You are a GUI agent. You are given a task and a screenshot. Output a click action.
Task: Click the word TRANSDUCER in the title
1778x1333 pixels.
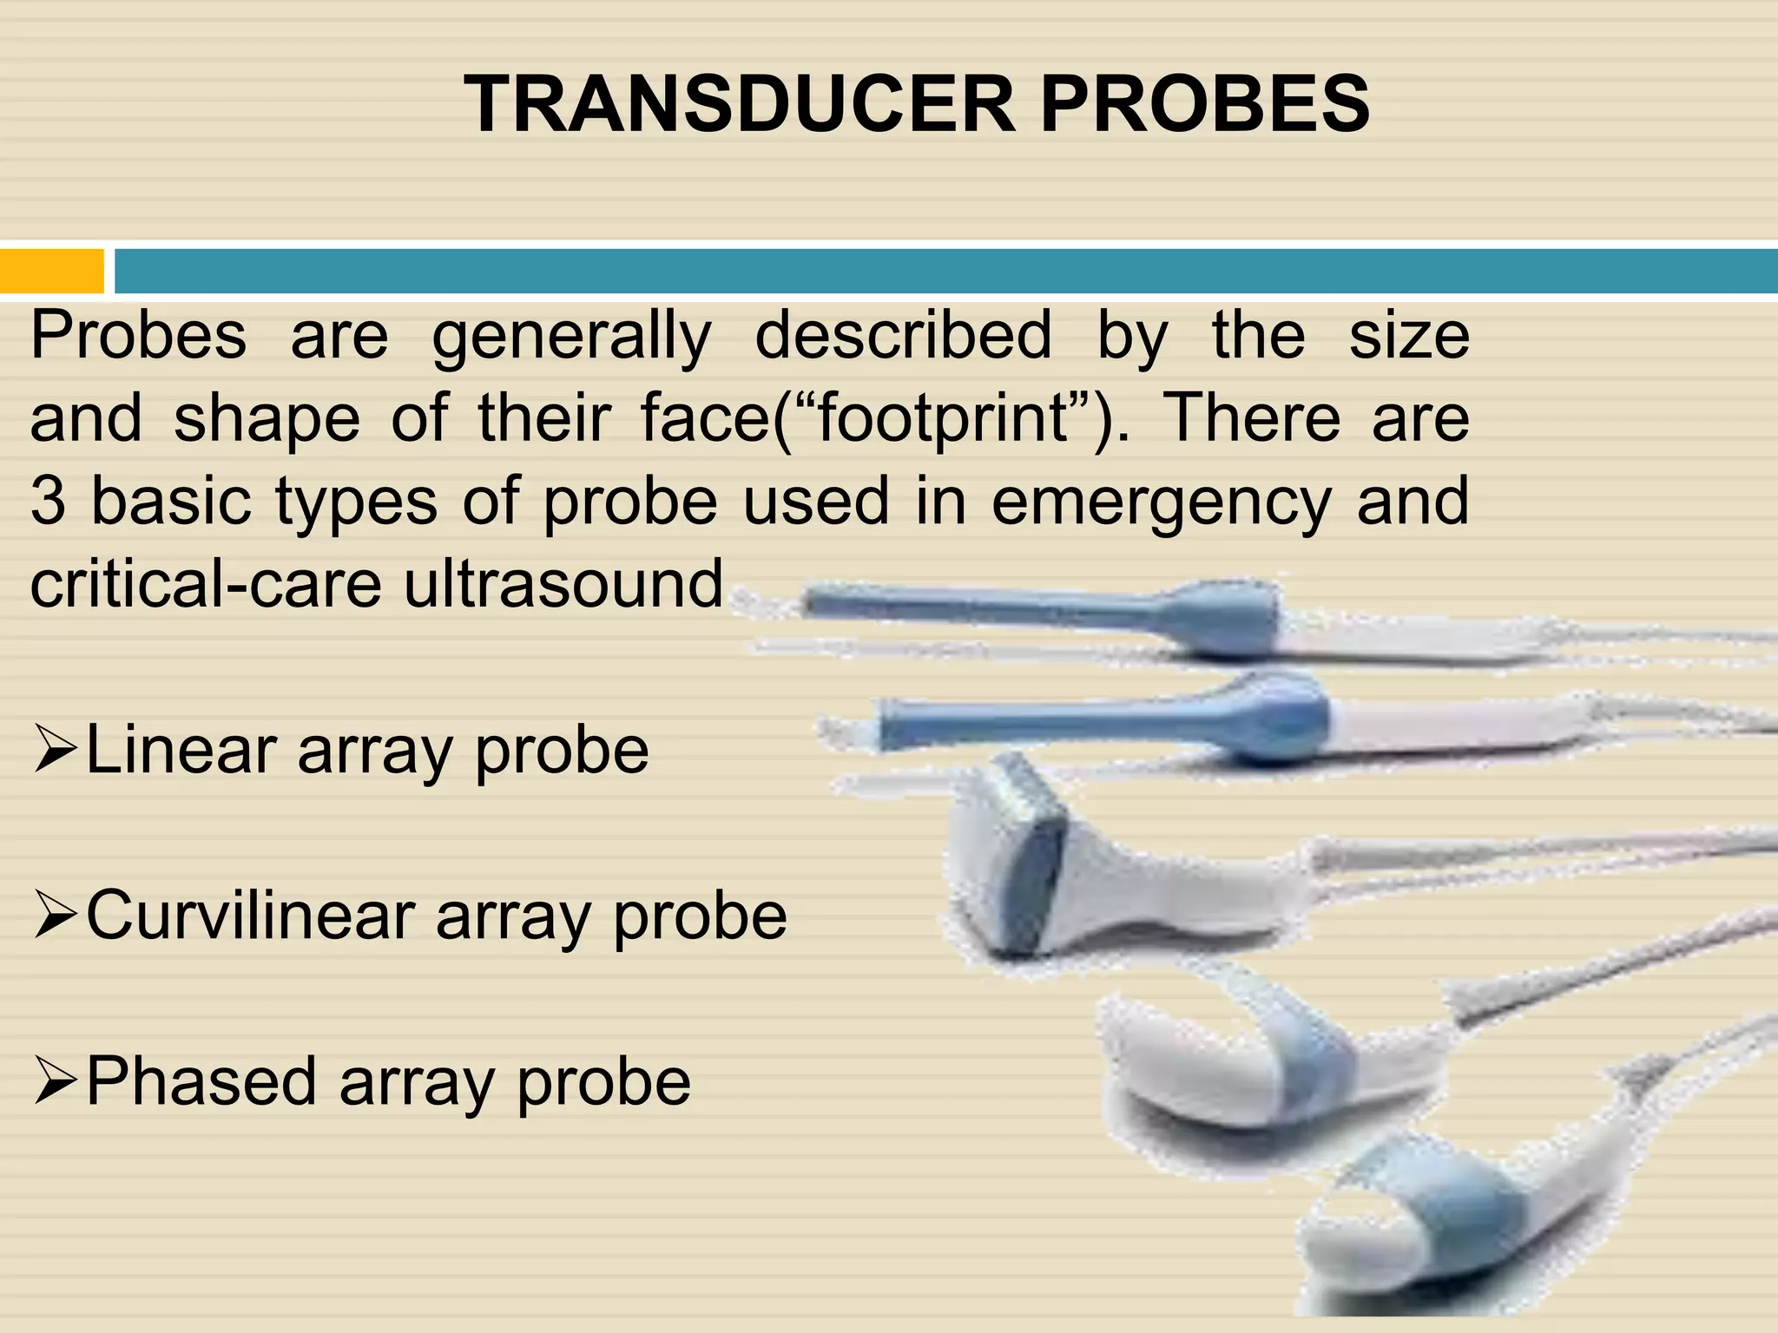738,104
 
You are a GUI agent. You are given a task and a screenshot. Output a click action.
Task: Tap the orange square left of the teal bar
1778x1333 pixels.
50,271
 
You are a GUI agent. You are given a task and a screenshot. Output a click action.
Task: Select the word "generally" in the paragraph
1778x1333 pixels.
571,337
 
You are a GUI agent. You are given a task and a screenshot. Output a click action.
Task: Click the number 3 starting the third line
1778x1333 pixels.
48,502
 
